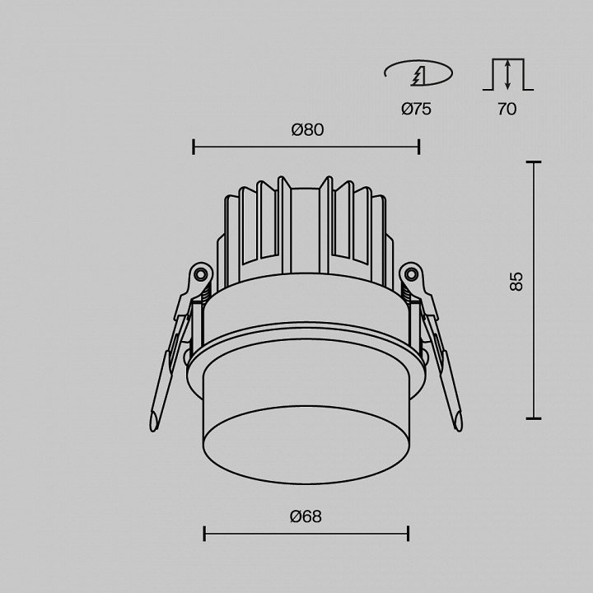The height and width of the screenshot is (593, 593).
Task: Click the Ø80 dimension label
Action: click(x=307, y=130)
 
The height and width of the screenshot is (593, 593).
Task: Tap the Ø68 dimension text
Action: click(x=306, y=516)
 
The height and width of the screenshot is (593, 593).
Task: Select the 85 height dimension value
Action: click(x=516, y=282)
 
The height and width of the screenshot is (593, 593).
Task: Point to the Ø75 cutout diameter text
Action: click(x=416, y=110)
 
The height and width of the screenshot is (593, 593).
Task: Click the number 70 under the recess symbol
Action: click(x=507, y=110)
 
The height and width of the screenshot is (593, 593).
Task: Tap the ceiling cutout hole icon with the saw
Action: click(x=418, y=73)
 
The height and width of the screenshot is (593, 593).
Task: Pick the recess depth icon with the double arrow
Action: click(x=508, y=74)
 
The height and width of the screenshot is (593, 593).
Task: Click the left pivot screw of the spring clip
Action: click(x=200, y=273)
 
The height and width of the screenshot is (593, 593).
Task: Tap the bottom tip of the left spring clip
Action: click(x=153, y=428)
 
